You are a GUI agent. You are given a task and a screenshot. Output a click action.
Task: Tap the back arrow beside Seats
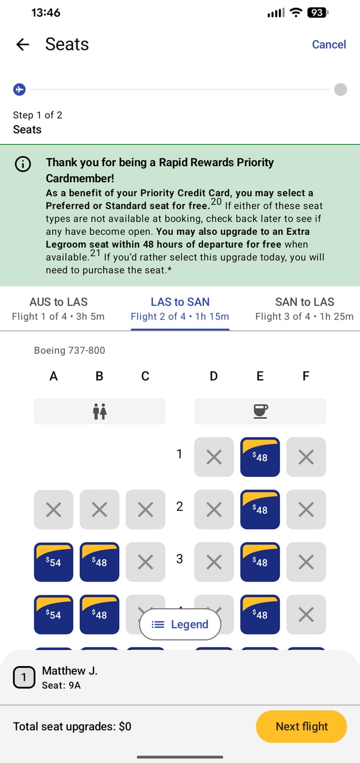point(22,44)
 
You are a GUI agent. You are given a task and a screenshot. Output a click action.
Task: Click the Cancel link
point(328,44)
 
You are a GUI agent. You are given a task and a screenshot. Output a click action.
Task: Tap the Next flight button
point(301,726)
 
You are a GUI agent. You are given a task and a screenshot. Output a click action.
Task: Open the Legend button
point(180,625)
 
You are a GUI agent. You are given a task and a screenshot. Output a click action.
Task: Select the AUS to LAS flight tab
point(58,308)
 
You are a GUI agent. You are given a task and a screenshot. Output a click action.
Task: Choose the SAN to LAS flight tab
point(304,308)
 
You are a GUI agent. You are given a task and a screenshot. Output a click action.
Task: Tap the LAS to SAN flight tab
point(180,308)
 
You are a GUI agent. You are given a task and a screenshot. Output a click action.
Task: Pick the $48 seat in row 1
point(260,457)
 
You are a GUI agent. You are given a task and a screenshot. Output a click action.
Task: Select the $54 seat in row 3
point(54,562)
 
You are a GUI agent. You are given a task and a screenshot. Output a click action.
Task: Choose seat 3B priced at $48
point(100,562)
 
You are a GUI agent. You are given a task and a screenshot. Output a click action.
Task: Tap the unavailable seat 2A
point(54,509)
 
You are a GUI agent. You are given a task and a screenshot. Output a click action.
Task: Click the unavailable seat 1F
point(306,457)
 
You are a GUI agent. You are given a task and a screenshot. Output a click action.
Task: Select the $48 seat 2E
point(260,509)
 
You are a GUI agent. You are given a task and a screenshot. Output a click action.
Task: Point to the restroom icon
point(100,411)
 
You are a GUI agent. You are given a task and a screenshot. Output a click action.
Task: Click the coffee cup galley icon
point(260,411)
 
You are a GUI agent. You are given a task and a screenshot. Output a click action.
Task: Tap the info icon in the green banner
point(23,164)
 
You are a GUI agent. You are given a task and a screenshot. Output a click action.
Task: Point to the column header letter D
point(214,377)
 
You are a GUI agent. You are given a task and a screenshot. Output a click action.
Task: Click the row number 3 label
point(179,559)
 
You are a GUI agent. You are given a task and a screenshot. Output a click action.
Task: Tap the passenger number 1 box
point(24,677)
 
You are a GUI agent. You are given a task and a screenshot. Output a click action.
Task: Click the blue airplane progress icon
point(19,89)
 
